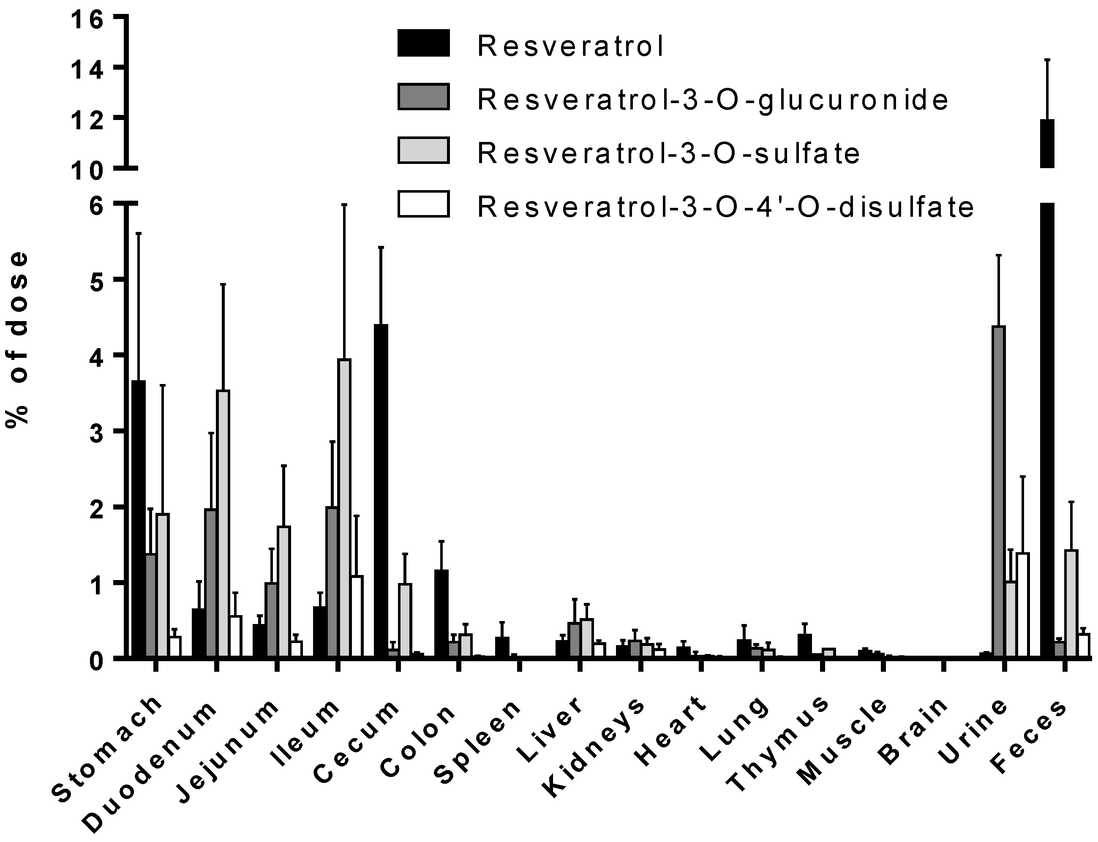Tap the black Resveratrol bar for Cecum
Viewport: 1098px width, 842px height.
point(381,491)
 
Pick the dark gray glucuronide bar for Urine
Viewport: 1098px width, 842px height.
point(999,491)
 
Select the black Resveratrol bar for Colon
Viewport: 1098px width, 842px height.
point(441,613)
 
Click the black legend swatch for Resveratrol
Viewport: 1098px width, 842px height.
point(423,43)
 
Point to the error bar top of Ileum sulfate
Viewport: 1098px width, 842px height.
point(344,205)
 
